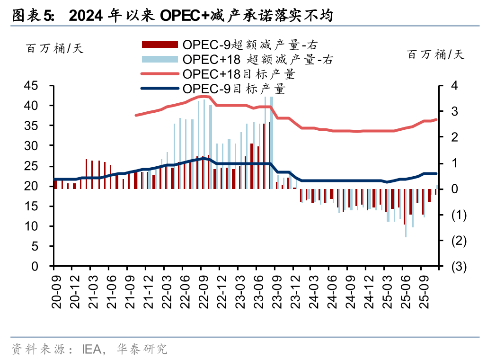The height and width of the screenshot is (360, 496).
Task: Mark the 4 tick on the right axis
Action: pos(454,86)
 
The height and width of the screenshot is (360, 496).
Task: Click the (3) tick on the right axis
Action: pos(459,267)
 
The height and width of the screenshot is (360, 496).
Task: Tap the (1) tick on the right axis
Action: pos(459,215)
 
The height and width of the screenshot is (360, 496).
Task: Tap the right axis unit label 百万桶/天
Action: pos(436,54)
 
